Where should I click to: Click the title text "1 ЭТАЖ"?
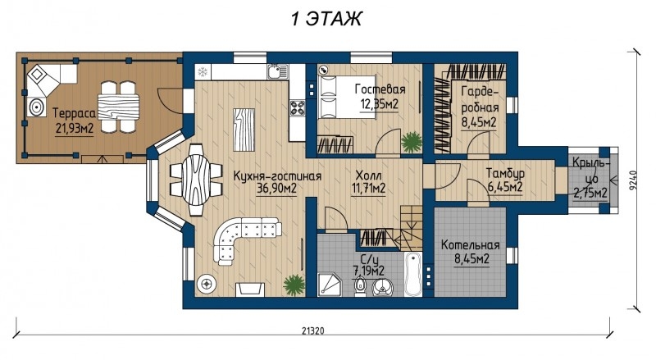[x=326, y=19]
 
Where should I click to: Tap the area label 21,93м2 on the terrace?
[x=75, y=129]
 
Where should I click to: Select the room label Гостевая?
[x=380, y=89]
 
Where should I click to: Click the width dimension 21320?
[x=313, y=330]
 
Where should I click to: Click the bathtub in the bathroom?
[x=414, y=273]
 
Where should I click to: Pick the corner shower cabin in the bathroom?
[x=330, y=285]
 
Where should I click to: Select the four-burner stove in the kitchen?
[x=298, y=108]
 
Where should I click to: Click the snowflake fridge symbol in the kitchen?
[x=203, y=72]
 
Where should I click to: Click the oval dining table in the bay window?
[x=196, y=180]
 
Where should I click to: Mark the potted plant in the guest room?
[x=412, y=142]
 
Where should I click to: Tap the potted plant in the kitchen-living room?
[x=294, y=285]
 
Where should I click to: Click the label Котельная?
[x=470, y=245]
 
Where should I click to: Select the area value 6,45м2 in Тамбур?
[x=505, y=187]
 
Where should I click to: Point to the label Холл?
[x=368, y=175]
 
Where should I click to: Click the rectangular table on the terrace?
[x=118, y=107]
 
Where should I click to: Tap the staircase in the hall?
[x=410, y=228]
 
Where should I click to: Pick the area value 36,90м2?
[x=276, y=189]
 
